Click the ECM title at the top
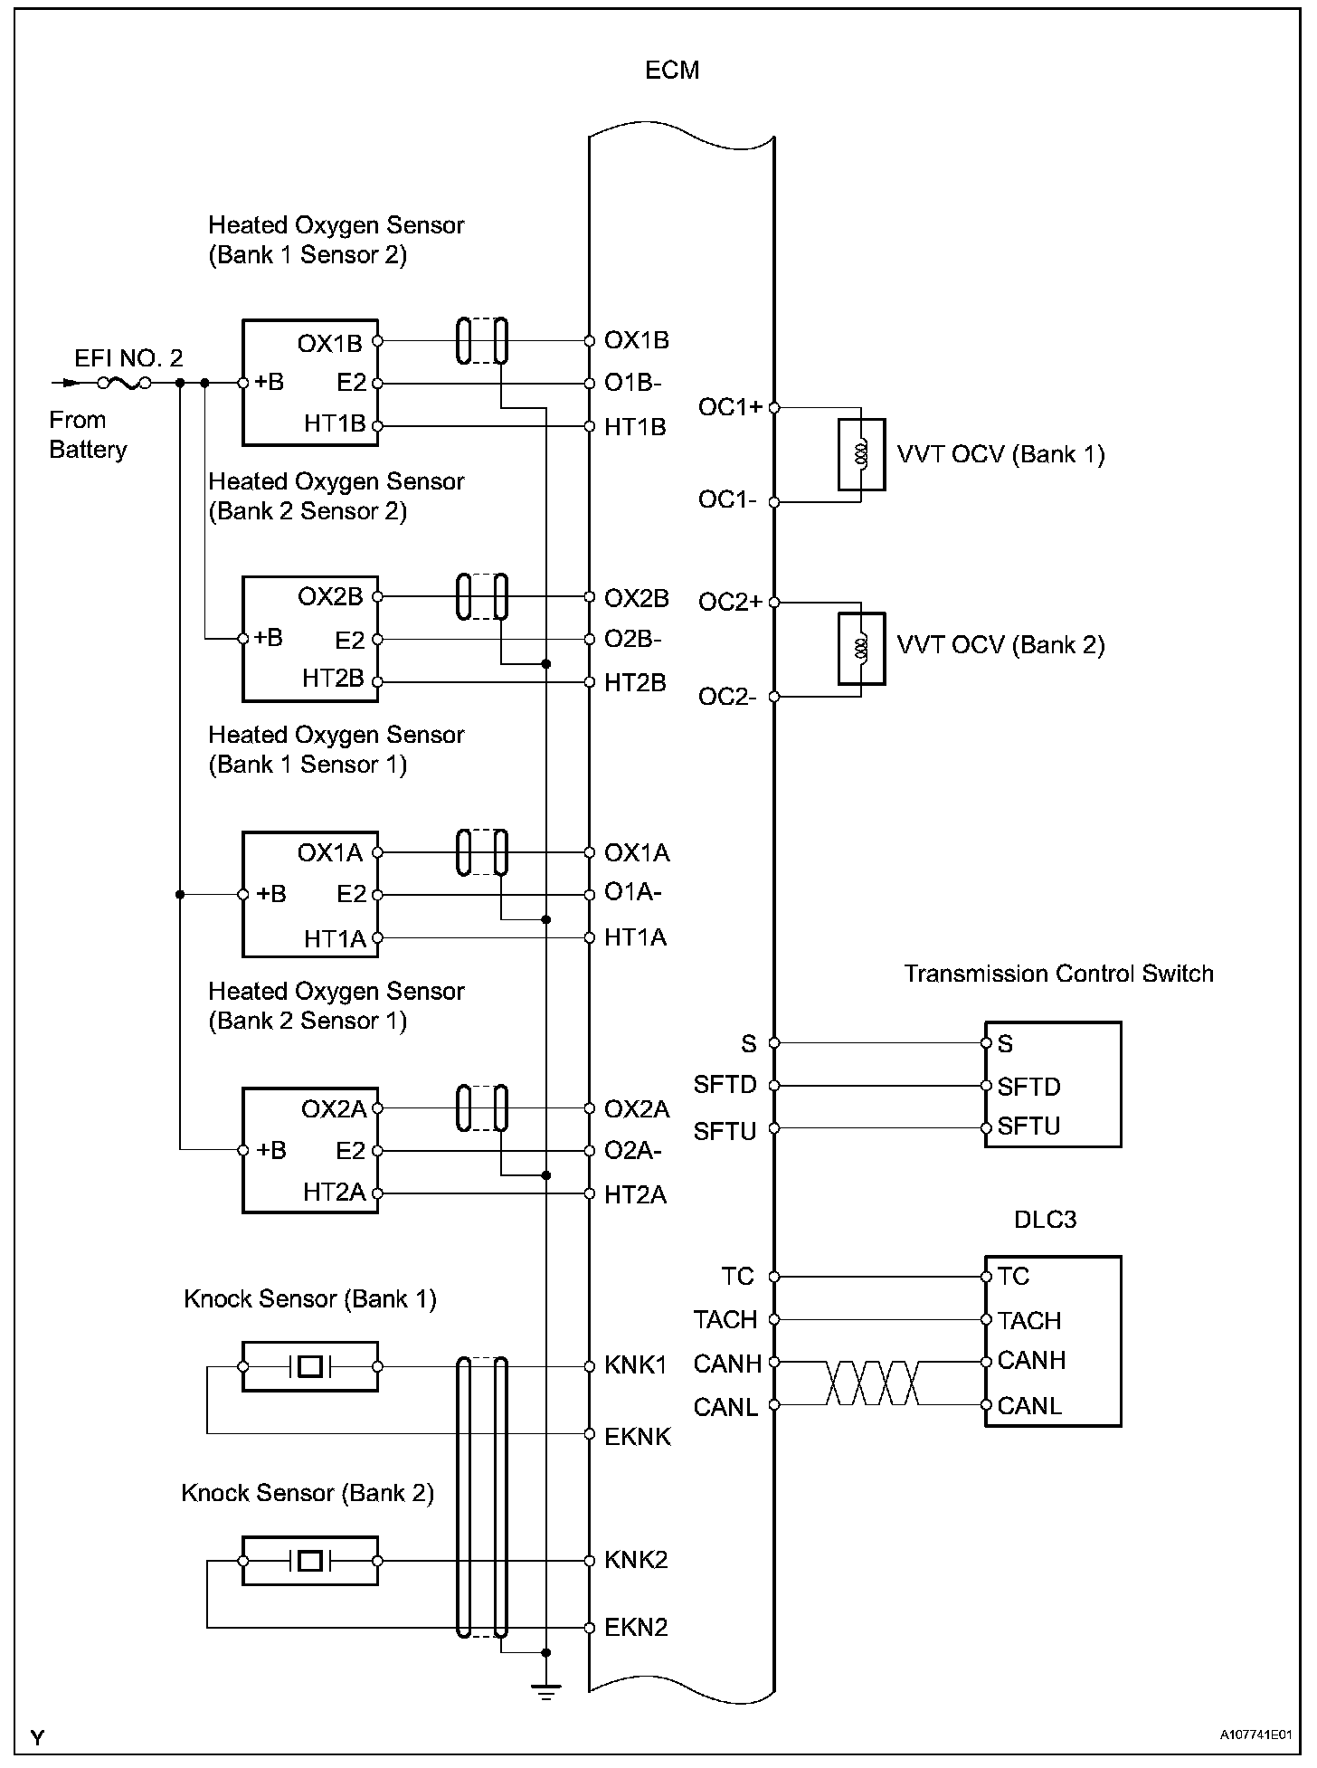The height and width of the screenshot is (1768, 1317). (672, 71)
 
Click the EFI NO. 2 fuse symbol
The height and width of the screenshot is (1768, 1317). (124, 383)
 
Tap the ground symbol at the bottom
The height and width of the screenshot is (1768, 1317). (545, 1691)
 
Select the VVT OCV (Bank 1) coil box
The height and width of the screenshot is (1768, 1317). (861, 454)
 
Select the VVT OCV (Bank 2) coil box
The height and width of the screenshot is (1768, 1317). (861, 649)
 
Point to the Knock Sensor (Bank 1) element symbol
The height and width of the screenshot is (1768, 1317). (310, 1366)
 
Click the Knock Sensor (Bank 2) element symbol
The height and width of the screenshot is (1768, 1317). (310, 1561)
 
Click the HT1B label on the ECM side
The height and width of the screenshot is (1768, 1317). (635, 427)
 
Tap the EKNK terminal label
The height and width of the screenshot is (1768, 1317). (638, 1436)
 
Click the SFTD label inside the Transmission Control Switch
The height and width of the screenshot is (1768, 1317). (1028, 1086)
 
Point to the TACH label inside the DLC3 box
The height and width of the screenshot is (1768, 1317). (1028, 1320)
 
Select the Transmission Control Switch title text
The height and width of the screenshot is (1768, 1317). (1058, 974)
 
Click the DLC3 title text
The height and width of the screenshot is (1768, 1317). (1045, 1220)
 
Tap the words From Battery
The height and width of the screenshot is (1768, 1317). (88, 435)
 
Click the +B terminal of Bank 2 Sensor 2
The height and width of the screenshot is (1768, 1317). (242, 639)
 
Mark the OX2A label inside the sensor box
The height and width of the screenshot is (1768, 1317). (334, 1108)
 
